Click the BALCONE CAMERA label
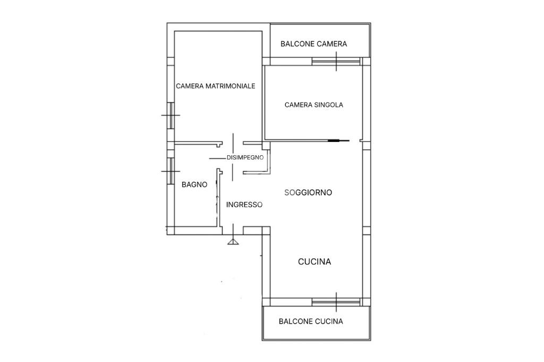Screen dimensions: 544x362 point(313,44)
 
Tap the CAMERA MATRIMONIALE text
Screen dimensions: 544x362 point(215,86)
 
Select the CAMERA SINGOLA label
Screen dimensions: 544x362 point(313,105)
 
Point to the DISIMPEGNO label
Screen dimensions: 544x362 point(245,157)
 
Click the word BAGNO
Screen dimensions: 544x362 point(194,185)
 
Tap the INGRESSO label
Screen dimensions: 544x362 point(244,204)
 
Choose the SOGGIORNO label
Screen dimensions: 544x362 point(308,192)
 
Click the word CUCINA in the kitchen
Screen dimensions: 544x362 point(314,262)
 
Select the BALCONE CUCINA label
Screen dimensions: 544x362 point(311,321)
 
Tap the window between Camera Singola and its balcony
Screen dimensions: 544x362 point(336,62)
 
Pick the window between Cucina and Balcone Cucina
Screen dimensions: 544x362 point(336,302)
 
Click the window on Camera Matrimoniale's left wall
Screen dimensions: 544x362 point(171,115)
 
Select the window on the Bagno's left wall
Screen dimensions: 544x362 point(171,171)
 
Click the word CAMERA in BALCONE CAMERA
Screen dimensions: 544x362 point(331,44)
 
